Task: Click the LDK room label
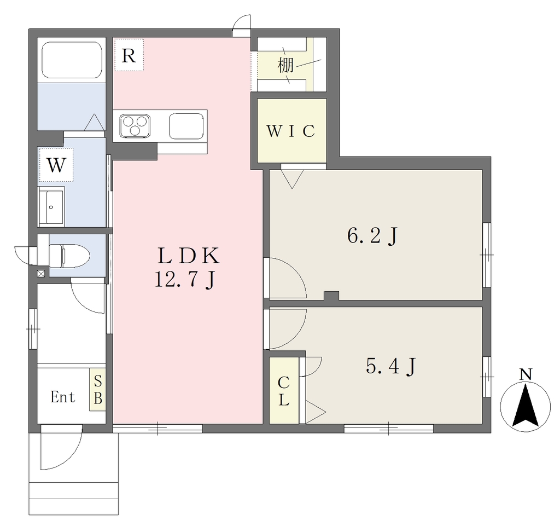[188, 256]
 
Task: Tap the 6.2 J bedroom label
[372, 236]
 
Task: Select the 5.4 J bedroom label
[391, 366]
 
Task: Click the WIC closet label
[291, 131]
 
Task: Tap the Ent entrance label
[63, 397]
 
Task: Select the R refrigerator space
[129, 55]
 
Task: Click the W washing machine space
[56, 165]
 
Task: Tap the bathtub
[72, 60]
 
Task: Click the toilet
[69, 255]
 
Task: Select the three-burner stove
[135, 125]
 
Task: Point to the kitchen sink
[186, 126]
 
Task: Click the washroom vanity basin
[51, 206]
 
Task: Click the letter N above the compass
[526, 374]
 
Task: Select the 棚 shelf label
[285, 65]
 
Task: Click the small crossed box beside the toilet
[41, 274]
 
